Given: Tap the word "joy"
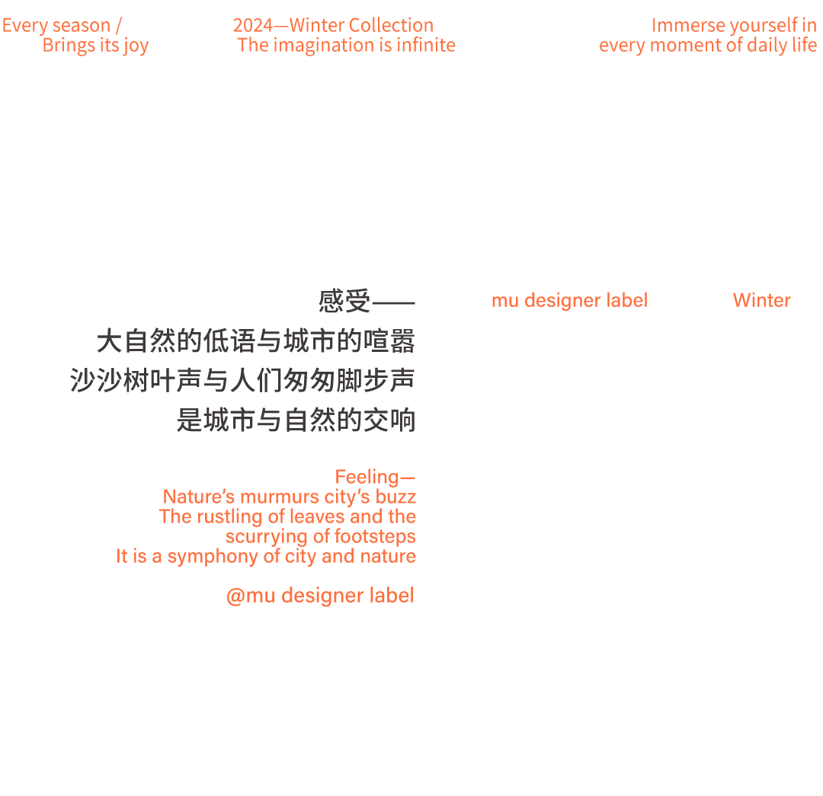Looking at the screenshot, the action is pos(136,46).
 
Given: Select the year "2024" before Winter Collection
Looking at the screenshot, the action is pos(252,26).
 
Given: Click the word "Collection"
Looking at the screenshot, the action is pos(391,26).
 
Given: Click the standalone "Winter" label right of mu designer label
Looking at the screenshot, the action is pos(761,300).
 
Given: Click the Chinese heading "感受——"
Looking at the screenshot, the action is pos(367,302).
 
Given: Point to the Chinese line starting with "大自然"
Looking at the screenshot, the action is pos(256,341).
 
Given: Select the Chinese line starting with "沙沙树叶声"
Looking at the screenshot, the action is pos(242,380).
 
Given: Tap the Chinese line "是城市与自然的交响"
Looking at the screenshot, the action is pos(296,420).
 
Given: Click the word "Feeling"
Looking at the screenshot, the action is pos(367,478).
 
